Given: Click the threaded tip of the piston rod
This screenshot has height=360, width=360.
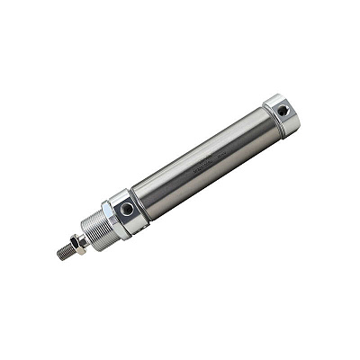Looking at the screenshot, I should (x=64, y=253).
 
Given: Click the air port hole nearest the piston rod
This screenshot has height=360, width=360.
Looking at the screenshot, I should (x=127, y=209).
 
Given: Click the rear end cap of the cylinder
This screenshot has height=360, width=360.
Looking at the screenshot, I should (x=282, y=114).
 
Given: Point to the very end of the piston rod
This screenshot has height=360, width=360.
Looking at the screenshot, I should (x=58, y=256).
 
